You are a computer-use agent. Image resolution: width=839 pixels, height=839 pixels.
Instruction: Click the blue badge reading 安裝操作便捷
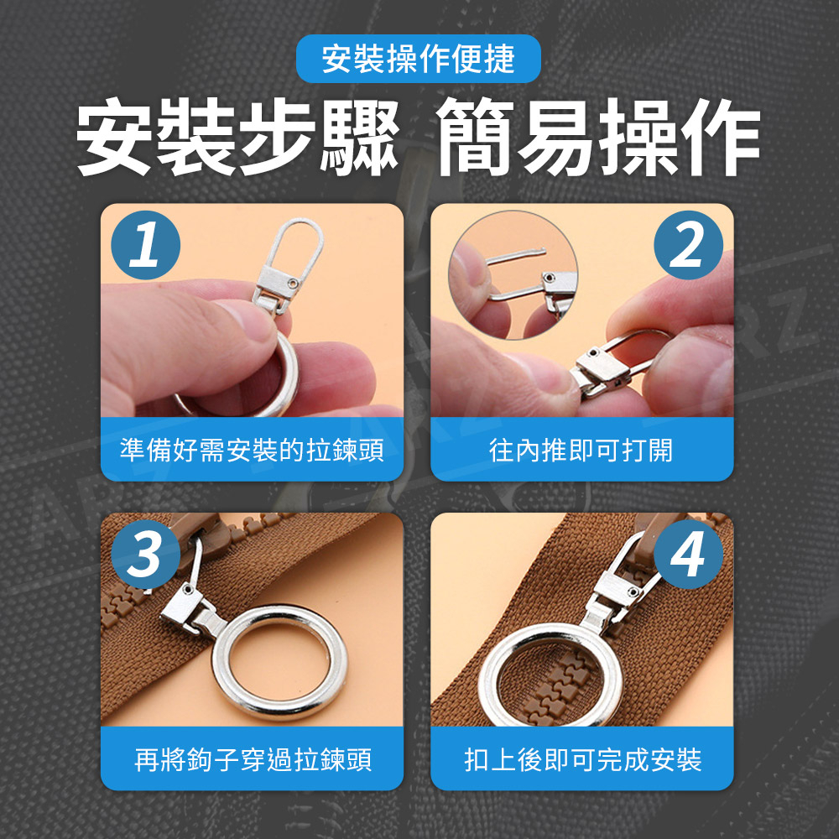point(419,59)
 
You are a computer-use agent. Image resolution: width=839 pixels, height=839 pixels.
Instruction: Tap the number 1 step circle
point(145,245)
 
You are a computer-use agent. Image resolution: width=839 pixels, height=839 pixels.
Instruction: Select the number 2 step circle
point(688,245)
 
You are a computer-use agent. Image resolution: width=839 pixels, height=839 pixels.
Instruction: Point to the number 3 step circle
point(145,555)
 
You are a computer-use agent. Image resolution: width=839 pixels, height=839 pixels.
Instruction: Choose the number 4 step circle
point(688,555)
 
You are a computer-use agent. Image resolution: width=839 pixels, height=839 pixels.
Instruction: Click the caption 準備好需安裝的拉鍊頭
point(252,450)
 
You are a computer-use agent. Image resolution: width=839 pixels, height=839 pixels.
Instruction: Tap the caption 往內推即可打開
point(581,450)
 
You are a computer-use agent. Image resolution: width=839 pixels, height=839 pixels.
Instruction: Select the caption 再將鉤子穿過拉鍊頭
point(253,759)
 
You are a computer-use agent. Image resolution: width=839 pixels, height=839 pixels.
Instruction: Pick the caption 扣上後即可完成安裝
point(583,759)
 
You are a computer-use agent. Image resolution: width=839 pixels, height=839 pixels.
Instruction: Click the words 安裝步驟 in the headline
point(238,137)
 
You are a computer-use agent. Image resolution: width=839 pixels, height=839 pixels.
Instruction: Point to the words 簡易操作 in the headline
point(597,137)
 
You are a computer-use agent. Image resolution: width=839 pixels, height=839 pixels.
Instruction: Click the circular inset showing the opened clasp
point(513,275)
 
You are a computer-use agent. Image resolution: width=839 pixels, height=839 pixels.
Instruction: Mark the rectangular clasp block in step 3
point(180,604)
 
